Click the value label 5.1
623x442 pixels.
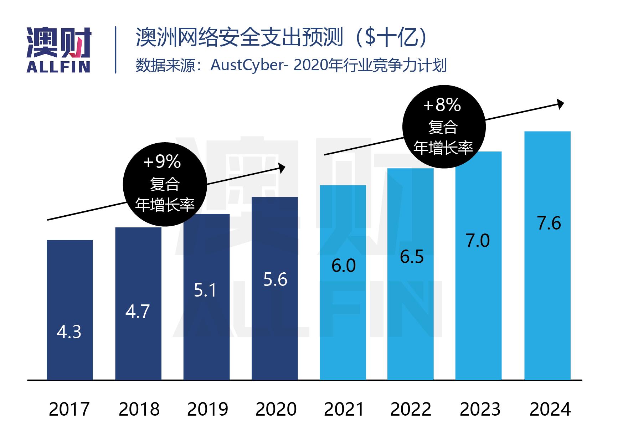[x=205, y=291]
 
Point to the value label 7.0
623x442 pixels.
[x=478, y=241]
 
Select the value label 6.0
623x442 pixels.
[x=343, y=266]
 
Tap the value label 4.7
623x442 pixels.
[x=138, y=312]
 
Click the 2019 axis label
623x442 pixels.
[x=207, y=409]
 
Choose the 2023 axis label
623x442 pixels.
[x=480, y=409]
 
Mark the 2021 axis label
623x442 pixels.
[x=344, y=409]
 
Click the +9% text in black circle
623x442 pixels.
[x=162, y=162]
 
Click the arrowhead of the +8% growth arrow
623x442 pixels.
[x=560, y=104]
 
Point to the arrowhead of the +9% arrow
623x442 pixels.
[x=282, y=168]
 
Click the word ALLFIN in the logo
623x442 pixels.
[x=58, y=67]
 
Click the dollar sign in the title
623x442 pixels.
[x=370, y=37]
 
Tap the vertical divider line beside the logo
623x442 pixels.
[x=115, y=50]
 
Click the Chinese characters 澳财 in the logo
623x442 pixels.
[x=59, y=43]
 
